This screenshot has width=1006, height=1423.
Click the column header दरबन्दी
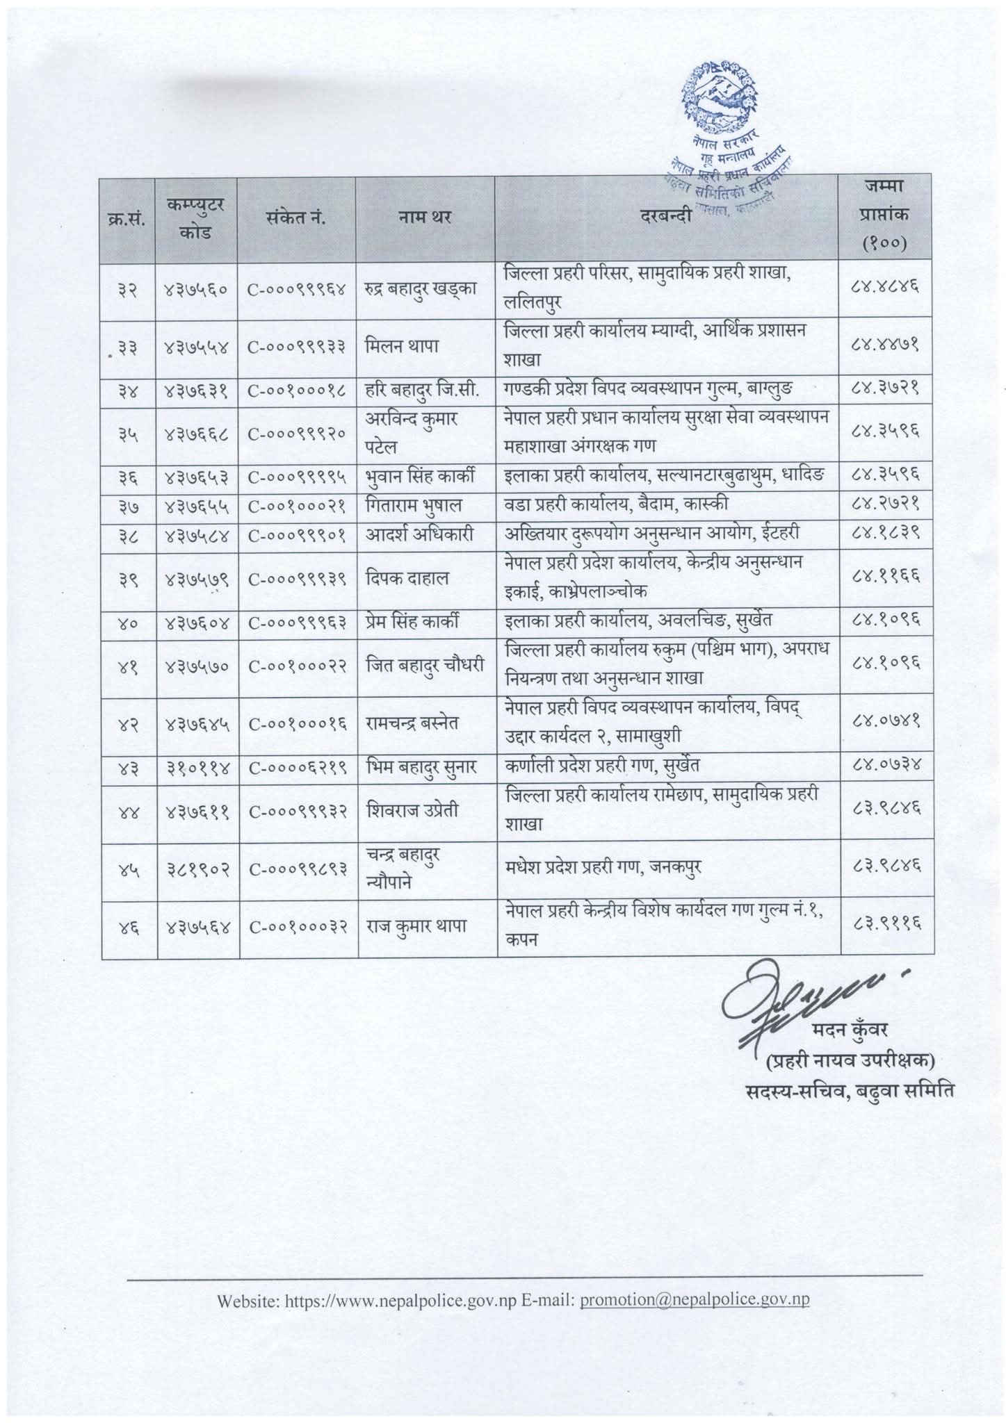pyautogui.click(x=666, y=217)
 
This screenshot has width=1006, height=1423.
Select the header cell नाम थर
pyautogui.click(x=425, y=217)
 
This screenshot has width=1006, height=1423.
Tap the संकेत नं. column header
pyautogui.click(x=296, y=217)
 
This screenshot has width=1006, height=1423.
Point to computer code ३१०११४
pyautogui.click(x=197, y=766)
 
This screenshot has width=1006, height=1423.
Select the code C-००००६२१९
pyautogui.click(x=297, y=766)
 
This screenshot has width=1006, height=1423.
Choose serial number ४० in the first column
pyautogui.click(x=129, y=623)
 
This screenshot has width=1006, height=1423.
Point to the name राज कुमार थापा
pyautogui.click(x=416, y=926)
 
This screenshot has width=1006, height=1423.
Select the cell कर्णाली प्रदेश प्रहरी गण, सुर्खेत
pyautogui.click(x=602, y=766)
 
